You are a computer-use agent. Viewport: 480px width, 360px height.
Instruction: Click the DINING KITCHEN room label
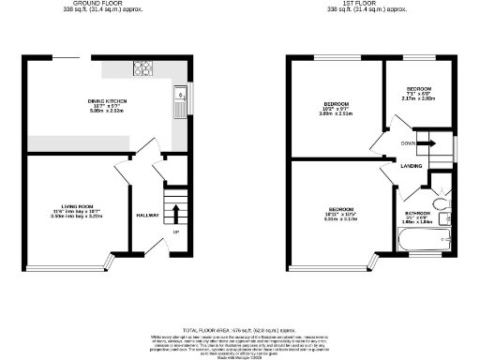108,100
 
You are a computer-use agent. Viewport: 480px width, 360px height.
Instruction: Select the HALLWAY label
147,217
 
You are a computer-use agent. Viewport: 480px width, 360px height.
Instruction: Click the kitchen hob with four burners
145,68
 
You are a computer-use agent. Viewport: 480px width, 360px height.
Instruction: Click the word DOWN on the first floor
408,143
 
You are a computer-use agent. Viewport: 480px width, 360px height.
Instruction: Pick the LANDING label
410,166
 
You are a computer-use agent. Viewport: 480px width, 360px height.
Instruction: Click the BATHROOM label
418,213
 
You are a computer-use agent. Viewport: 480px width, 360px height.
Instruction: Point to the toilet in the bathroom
441,202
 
